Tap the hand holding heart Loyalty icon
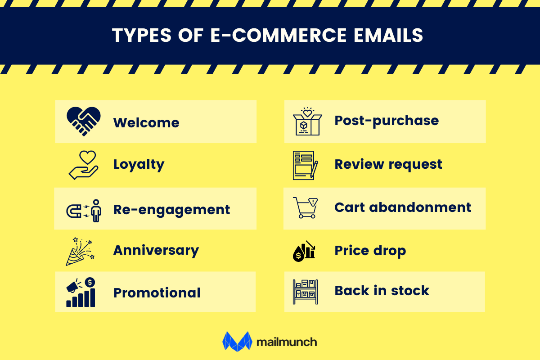pos(83,165)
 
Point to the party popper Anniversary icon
pos(80,251)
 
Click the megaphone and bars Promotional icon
pos(81,292)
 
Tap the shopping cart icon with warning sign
pos(305,208)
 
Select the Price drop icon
pos(304,251)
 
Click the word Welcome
pos(146,123)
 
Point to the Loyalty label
pos(139,165)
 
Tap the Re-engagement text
pos(171,210)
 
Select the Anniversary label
pos(156,250)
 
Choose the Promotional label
pos(157,293)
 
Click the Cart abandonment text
pos(403,207)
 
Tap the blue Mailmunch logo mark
pos(236,341)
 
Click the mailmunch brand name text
pos(287,342)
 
